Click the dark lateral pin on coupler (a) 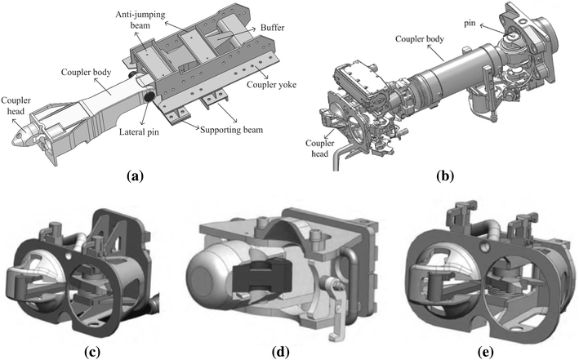tap(152, 98)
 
